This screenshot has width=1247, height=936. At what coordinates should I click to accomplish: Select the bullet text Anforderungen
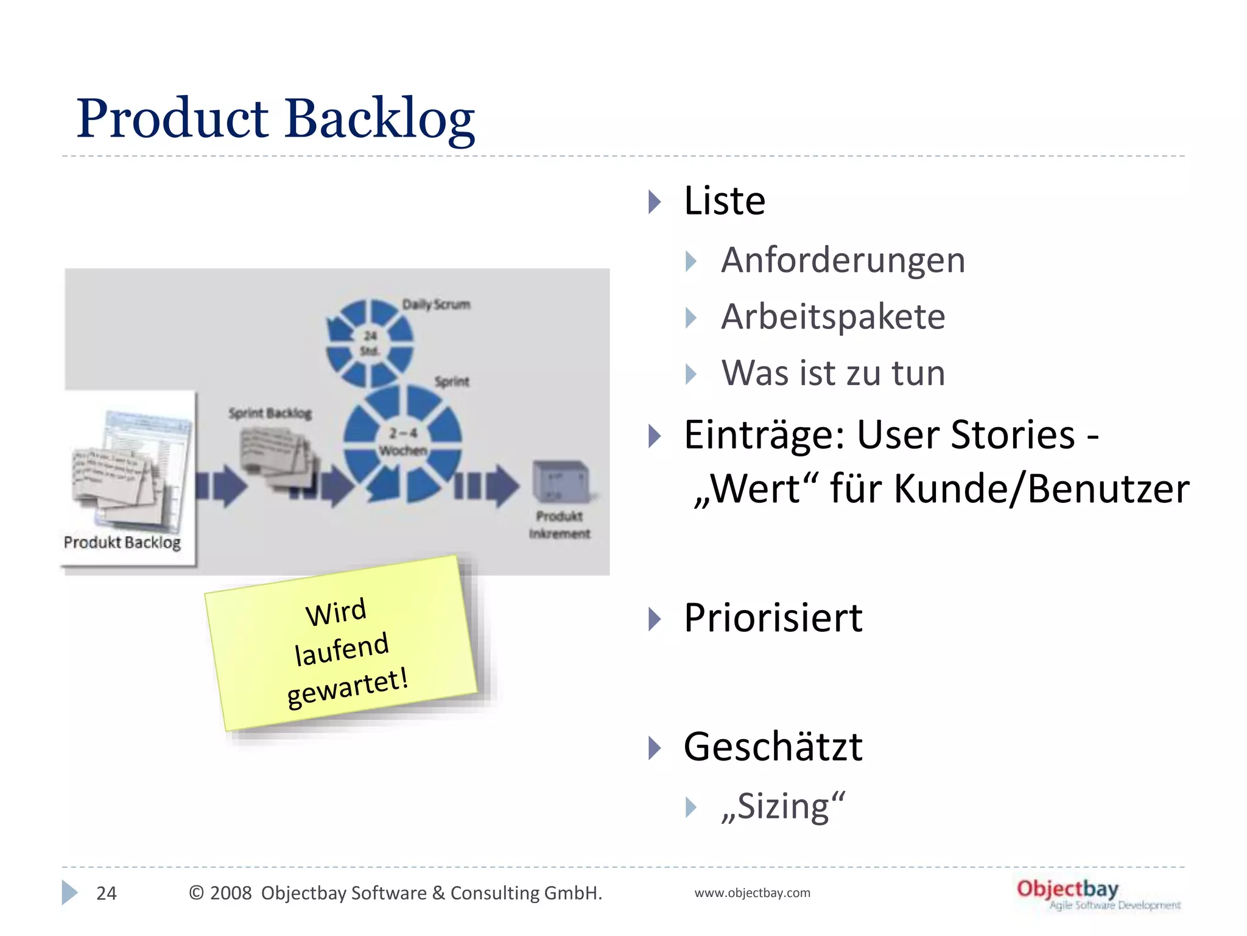pos(843,261)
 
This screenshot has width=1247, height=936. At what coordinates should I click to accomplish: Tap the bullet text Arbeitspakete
pos(833,317)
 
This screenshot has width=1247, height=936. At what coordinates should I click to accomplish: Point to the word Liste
pos(725,201)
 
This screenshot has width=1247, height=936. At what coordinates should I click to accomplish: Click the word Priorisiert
pos(773,618)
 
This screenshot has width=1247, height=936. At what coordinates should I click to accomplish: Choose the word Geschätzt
pos(773,747)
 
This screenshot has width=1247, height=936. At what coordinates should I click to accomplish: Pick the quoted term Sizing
pos(783,807)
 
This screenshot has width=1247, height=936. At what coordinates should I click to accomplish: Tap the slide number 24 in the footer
pos(107,893)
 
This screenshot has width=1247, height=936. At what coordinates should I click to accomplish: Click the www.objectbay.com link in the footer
pos(752,893)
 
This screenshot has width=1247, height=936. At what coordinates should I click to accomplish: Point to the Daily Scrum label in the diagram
pos(436,304)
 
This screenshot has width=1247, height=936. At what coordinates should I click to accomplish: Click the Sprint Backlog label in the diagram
pos(270,413)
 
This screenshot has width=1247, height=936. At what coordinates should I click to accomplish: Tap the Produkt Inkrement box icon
pos(561,481)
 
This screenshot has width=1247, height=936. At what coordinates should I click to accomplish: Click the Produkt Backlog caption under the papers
pos(122,542)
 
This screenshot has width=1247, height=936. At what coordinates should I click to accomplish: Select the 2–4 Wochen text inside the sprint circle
pos(403,442)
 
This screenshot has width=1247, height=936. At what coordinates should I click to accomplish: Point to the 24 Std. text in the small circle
pos(370,343)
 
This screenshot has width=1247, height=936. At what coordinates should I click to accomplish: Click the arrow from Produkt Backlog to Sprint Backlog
pos(221,486)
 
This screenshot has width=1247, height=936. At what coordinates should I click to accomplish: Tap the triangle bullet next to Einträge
pos(655,436)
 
